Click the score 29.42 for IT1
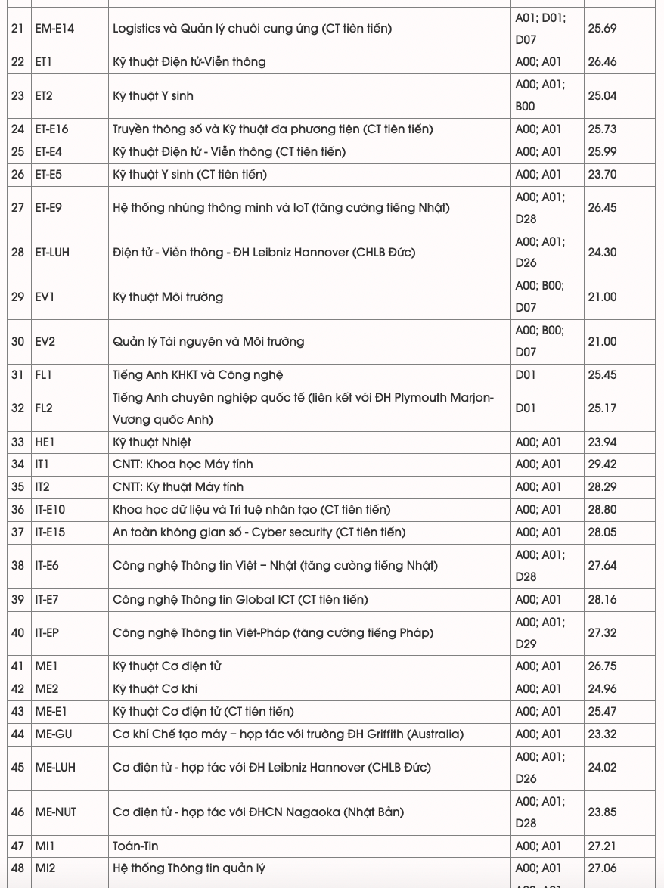pos(602,464)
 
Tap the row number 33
pos(17,442)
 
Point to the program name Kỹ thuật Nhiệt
pos(152,442)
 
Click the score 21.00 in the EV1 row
pos(602,297)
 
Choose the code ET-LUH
pos(52,253)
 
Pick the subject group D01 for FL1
pos(526,375)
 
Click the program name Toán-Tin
pos(135,846)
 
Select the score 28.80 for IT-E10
pos(602,510)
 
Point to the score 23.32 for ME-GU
pos(602,734)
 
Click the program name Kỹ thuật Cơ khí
pos(155,689)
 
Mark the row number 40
pos(17,633)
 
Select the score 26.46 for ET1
pos(602,62)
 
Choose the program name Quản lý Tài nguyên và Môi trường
pos(209,342)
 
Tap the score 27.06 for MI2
pos(602,868)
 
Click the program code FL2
pos(44,408)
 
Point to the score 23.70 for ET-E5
pos(602,175)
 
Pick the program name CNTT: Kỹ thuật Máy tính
pos(178,487)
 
